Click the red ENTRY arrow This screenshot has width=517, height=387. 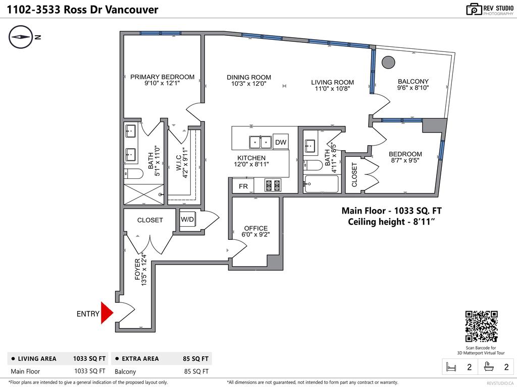coord(107,313)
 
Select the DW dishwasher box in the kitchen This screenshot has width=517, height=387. coord(281,143)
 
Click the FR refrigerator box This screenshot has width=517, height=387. coord(243,186)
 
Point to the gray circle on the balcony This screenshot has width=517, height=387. coord(388,62)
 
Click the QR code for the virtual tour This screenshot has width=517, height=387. coord(481,327)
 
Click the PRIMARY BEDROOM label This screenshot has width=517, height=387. coord(162,77)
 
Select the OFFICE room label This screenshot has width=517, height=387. coord(256,228)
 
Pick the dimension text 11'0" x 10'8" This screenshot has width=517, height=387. coord(332,89)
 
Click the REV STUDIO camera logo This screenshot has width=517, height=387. coord(475,9)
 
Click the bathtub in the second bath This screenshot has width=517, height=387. coord(321,184)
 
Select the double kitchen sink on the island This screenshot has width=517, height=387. coord(261,143)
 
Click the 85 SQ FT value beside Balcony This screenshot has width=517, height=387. coord(195,371)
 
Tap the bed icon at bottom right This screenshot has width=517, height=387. coord(449,367)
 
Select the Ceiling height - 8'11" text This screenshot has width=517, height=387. coord(391,222)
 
